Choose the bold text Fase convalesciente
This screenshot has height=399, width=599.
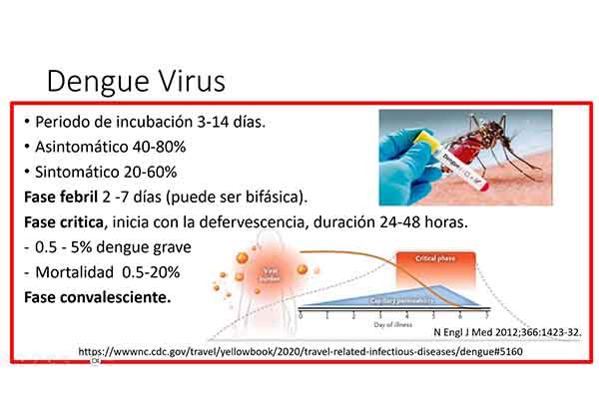tap(96, 297)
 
